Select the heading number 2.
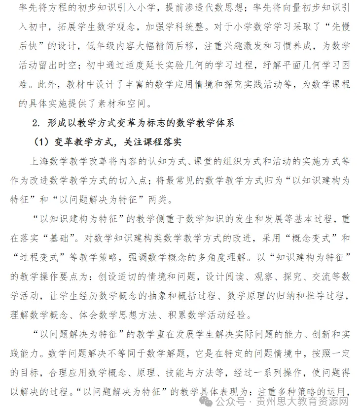(x=35, y=123)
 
